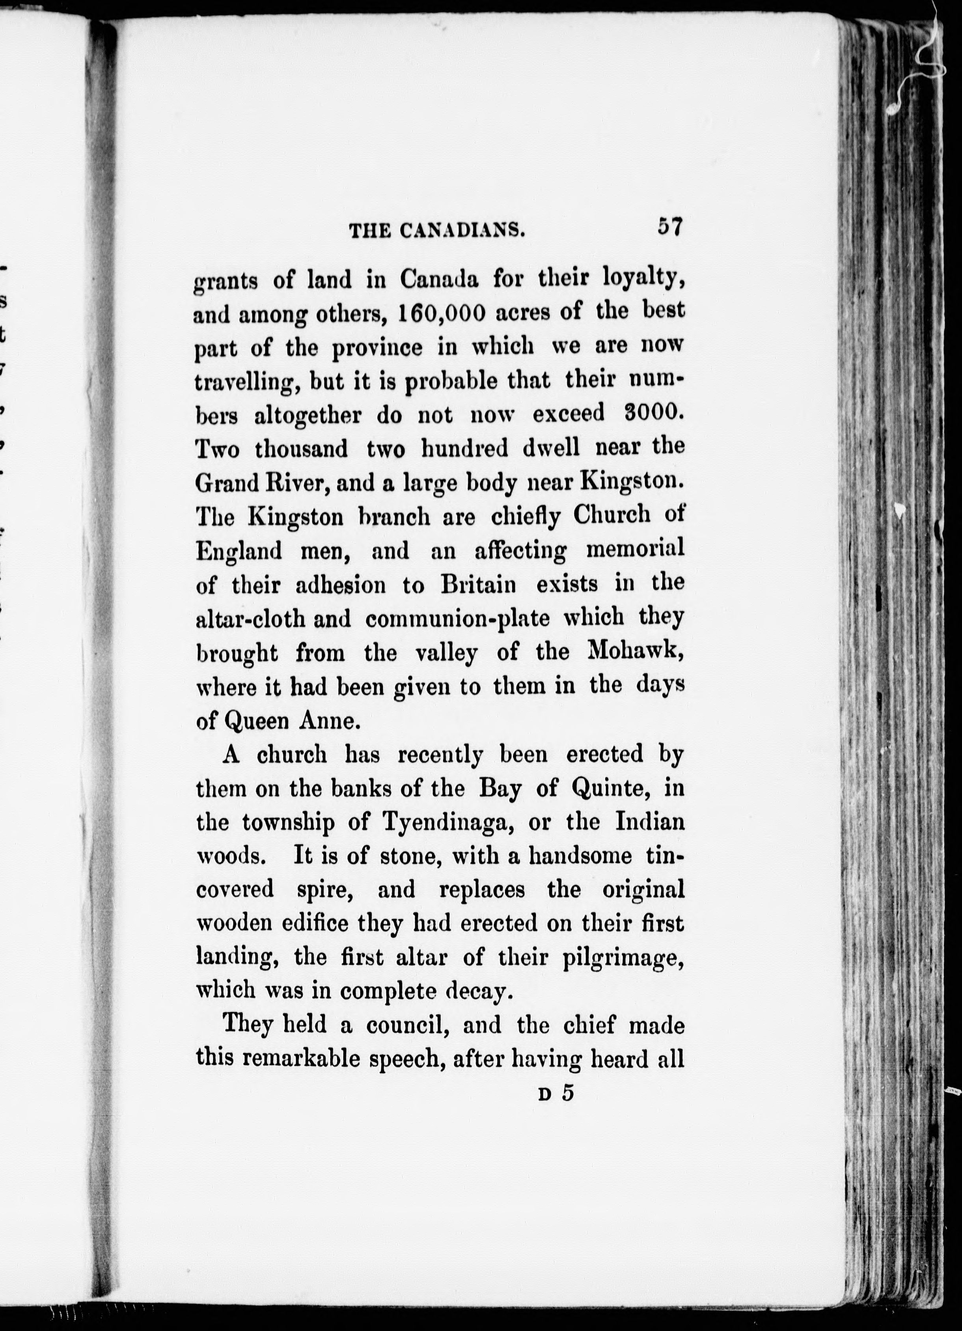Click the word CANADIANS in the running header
point(462,231)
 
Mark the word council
point(405,1025)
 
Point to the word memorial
point(635,549)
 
